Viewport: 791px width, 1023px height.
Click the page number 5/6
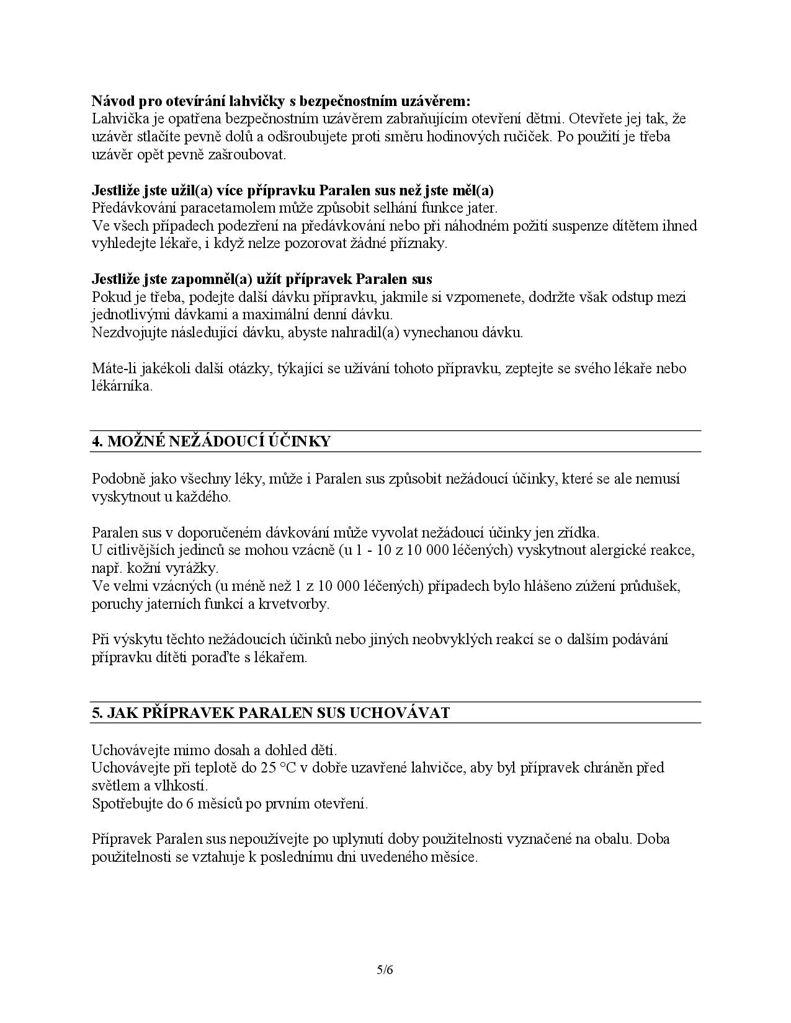[385, 970]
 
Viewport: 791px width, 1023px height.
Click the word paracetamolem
[208, 208]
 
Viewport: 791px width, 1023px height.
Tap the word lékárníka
[121, 386]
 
